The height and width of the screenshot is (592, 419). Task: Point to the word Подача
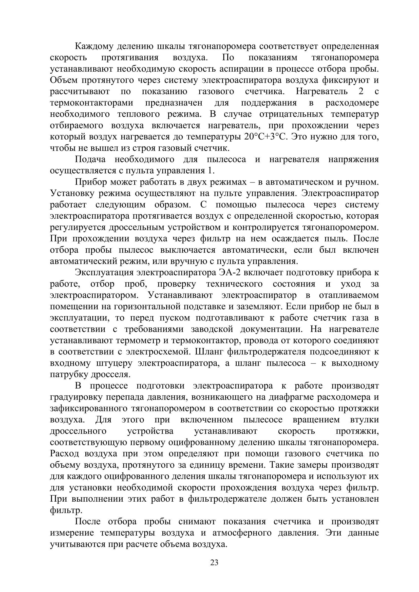tap(90, 159)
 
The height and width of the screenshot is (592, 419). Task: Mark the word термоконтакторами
tap(92, 103)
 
